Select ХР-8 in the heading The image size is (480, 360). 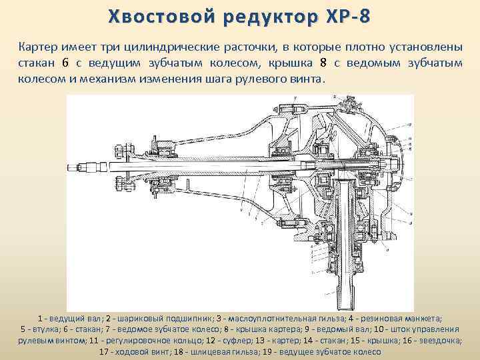pos(342,16)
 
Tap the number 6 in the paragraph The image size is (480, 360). pos(65,63)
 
